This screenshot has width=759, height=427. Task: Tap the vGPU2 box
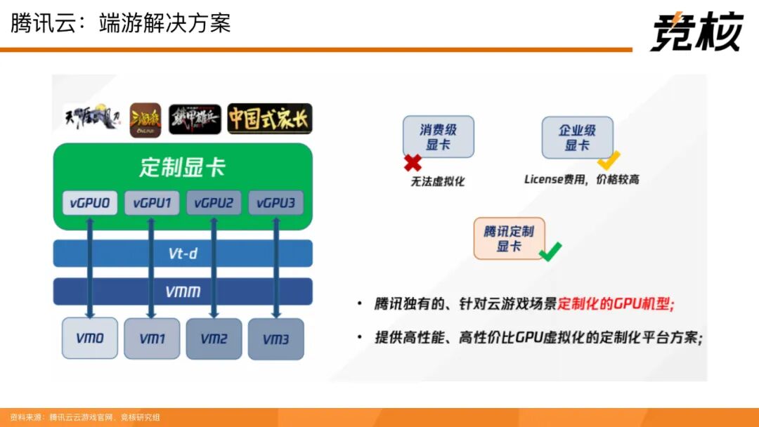click(x=214, y=204)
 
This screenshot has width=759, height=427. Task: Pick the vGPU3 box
click(x=275, y=204)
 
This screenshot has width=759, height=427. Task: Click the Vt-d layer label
click(x=183, y=254)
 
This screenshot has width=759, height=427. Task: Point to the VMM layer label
click(x=183, y=291)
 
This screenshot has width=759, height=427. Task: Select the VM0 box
click(x=90, y=338)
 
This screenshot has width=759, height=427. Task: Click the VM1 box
click(x=152, y=339)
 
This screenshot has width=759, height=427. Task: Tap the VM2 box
click(x=214, y=339)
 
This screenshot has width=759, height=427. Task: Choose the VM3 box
click(x=275, y=339)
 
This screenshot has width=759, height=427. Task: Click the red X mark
click(x=413, y=163)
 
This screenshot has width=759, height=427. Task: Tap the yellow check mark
click(x=608, y=159)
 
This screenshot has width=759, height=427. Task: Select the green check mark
click(x=550, y=251)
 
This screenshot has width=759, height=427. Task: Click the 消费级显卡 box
click(x=439, y=137)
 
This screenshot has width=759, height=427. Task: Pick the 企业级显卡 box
click(x=577, y=138)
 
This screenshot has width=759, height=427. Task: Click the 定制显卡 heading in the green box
click(x=182, y=168)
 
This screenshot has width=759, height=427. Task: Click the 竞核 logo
click(x=696, y=32)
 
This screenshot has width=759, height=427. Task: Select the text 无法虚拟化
click(x=438, y=181)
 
